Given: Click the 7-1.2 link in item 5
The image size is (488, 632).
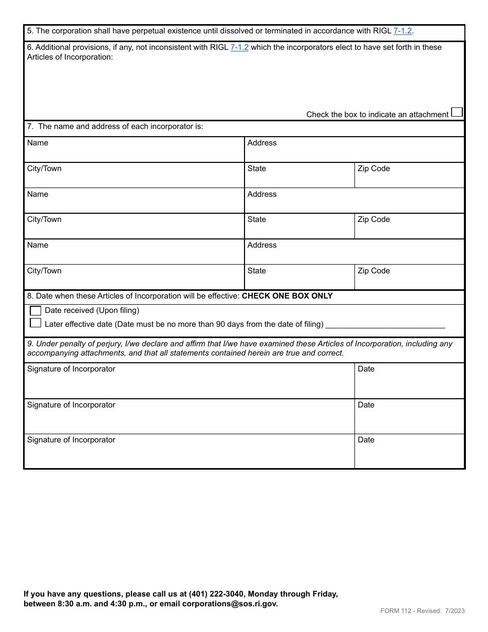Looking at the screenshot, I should [x=402, y=31].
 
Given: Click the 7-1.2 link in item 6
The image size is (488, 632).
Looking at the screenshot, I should [x=239, y=47].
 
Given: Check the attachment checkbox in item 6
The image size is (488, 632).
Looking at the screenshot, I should [x=456, y=112].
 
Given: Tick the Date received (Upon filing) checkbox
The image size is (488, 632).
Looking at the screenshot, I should [x=35, y=310].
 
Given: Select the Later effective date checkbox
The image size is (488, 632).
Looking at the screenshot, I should [x=35, y=323].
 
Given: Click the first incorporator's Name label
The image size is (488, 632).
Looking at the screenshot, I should [x=37, y=143].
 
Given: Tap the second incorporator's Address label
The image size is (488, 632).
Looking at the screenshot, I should [x=262, y=194].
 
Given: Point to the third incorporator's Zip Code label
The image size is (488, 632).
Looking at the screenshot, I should [x=373, y=271].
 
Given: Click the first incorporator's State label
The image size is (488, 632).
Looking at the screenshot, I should [x=257, y=169].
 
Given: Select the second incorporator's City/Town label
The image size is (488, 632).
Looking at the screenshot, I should [x=44, y=219].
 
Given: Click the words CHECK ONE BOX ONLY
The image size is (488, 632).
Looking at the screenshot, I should [x=287, y=296].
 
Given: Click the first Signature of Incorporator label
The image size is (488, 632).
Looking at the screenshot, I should [x=71, y=369].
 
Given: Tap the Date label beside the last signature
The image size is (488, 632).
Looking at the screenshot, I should [x=366, y=440].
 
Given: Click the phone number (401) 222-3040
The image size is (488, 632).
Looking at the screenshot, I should [x=216, y=594].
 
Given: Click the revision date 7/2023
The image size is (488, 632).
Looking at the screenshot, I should [x=455, y=611].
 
